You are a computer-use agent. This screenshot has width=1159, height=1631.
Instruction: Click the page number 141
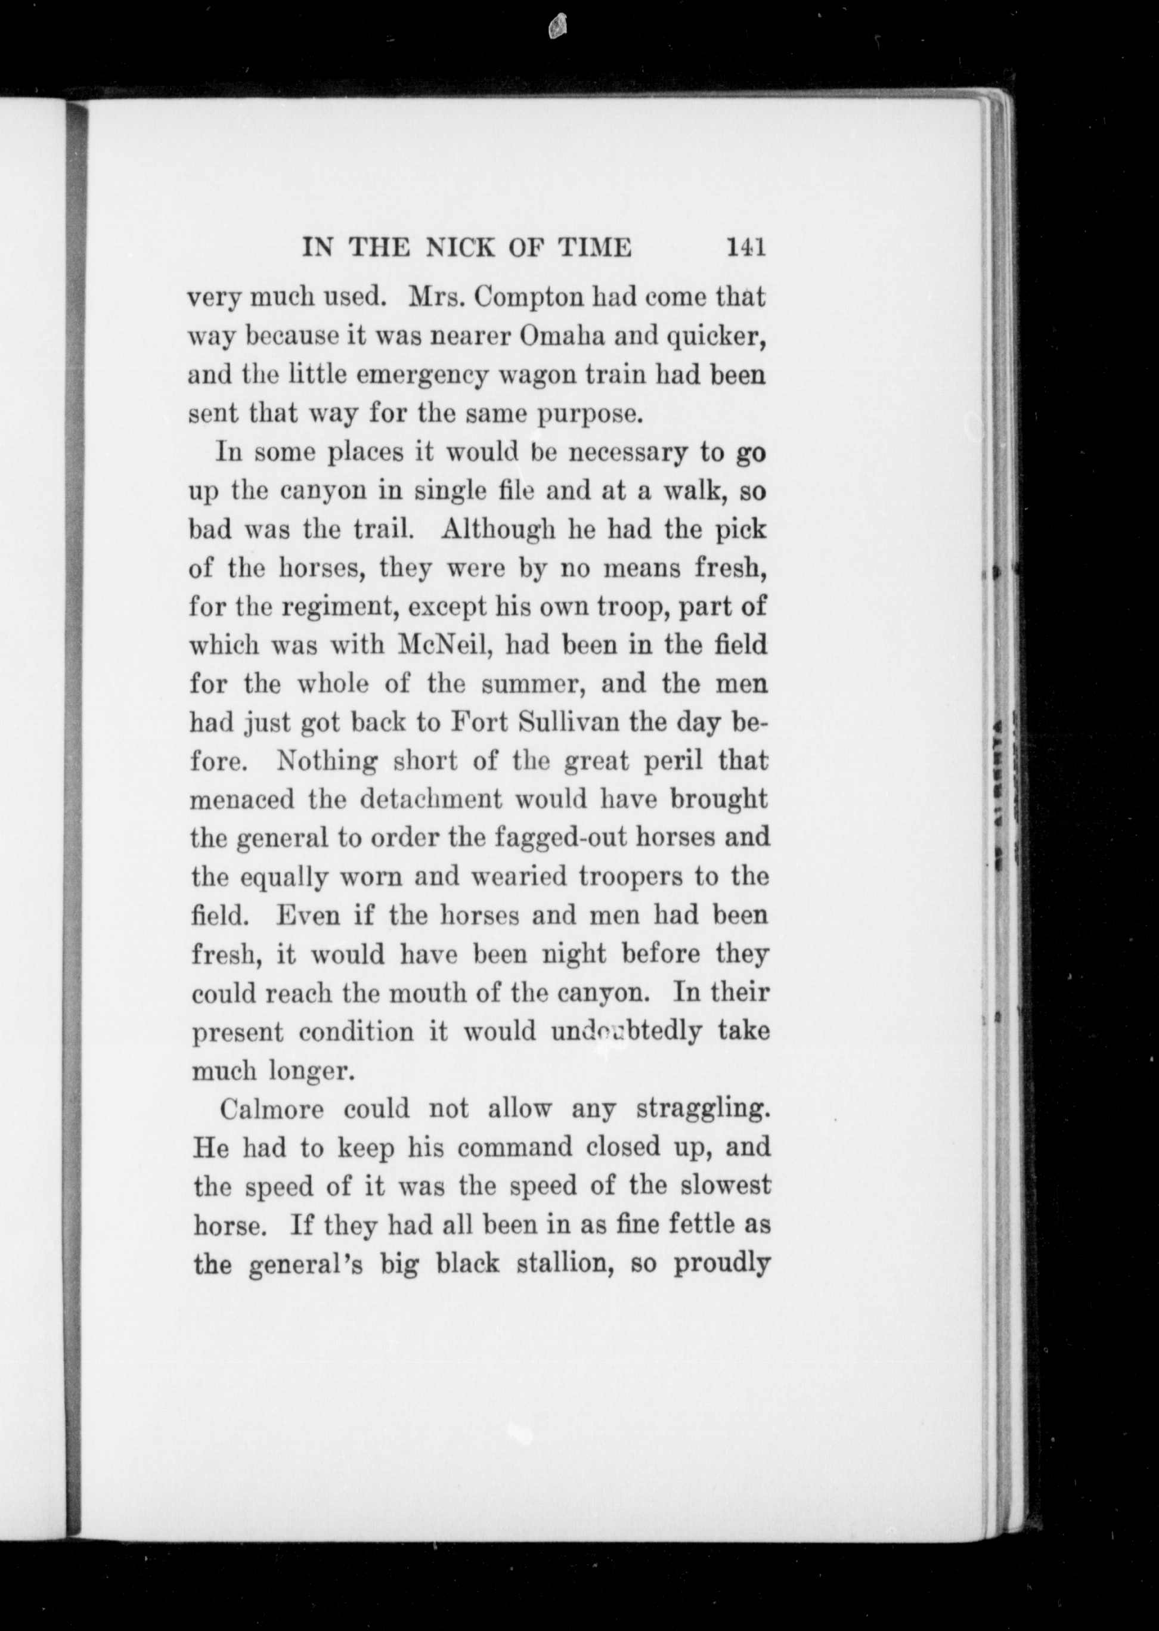pyautogui.click(x=746, y=247)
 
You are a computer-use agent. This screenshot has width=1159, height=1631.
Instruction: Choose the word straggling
pyautogui.click(x=702, y=1110)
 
